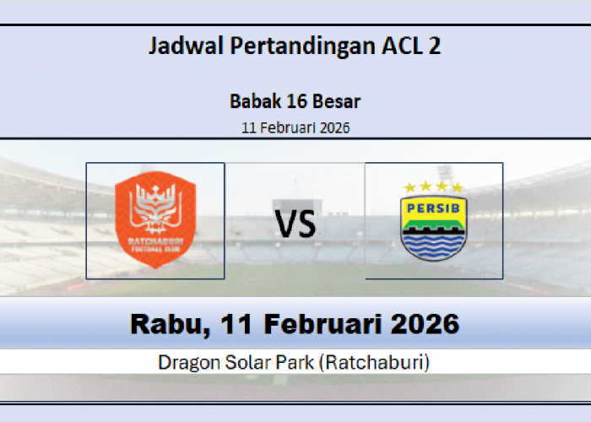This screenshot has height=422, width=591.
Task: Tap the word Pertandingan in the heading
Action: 295,46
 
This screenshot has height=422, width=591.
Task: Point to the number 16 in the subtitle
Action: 292,102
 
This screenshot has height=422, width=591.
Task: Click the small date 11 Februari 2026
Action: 295,128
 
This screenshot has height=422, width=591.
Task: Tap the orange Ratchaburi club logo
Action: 155,220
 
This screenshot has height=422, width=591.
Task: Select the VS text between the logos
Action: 295,224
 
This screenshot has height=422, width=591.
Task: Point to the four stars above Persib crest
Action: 433,187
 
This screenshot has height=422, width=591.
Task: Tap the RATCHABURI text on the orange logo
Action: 155,242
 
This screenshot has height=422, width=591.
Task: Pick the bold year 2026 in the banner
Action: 426,324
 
